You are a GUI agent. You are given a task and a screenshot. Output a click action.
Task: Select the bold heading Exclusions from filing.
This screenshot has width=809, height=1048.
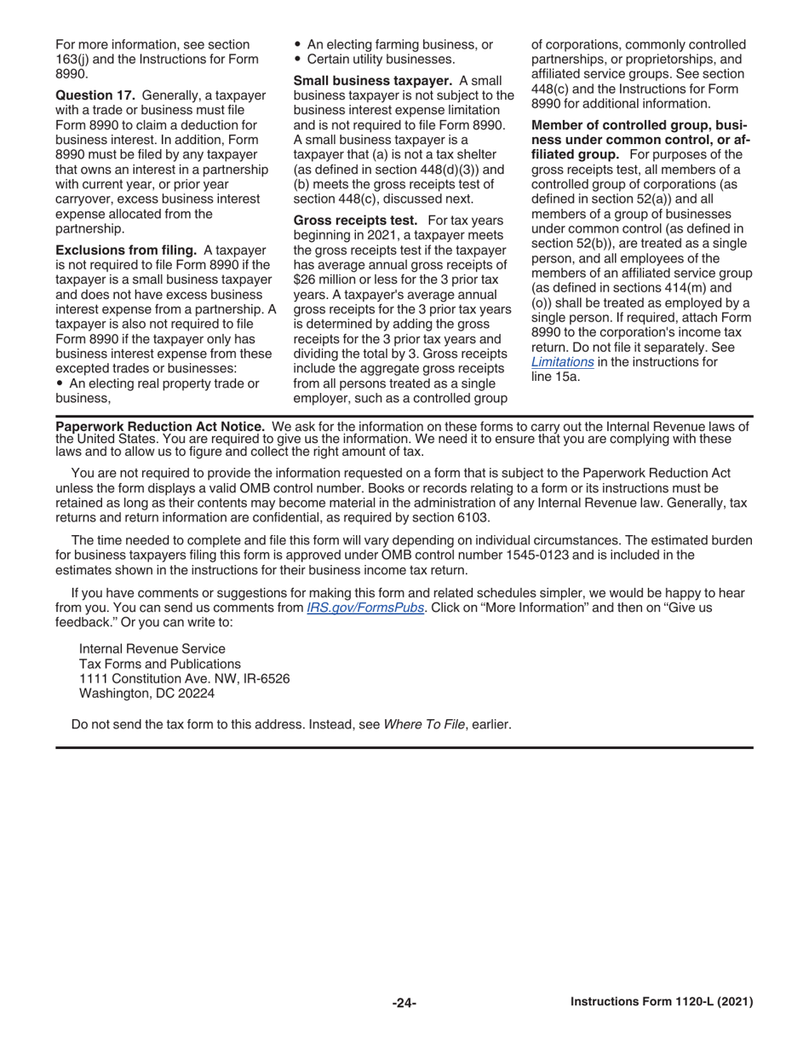(x=126, y=250)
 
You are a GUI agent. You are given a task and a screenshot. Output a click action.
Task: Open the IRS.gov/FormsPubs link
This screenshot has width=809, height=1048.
(x=365, y=607)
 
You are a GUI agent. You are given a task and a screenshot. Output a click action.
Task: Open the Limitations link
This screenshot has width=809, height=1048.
(x=562, y=362)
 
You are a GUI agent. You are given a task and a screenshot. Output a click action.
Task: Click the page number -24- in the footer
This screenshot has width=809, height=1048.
(x=404, y=1003)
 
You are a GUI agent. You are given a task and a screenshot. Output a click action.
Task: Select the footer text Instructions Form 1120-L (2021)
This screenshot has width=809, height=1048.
(x=661, y=1002)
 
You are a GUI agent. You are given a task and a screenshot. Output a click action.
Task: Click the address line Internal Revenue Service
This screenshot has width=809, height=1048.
(x=152, y=648)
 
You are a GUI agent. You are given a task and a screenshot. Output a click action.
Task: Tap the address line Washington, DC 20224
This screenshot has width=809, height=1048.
(x=146, y=694)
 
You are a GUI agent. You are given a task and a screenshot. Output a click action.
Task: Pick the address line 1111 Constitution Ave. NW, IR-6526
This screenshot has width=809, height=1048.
(x=184, y=679)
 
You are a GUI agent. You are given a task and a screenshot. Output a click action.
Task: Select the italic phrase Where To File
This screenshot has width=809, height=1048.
(x=423, y=725)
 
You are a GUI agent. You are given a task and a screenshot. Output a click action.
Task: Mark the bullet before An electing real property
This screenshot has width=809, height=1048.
(x=59, y=384)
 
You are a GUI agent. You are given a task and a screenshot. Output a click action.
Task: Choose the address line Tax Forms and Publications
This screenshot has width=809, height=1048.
(x=159, y=664)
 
